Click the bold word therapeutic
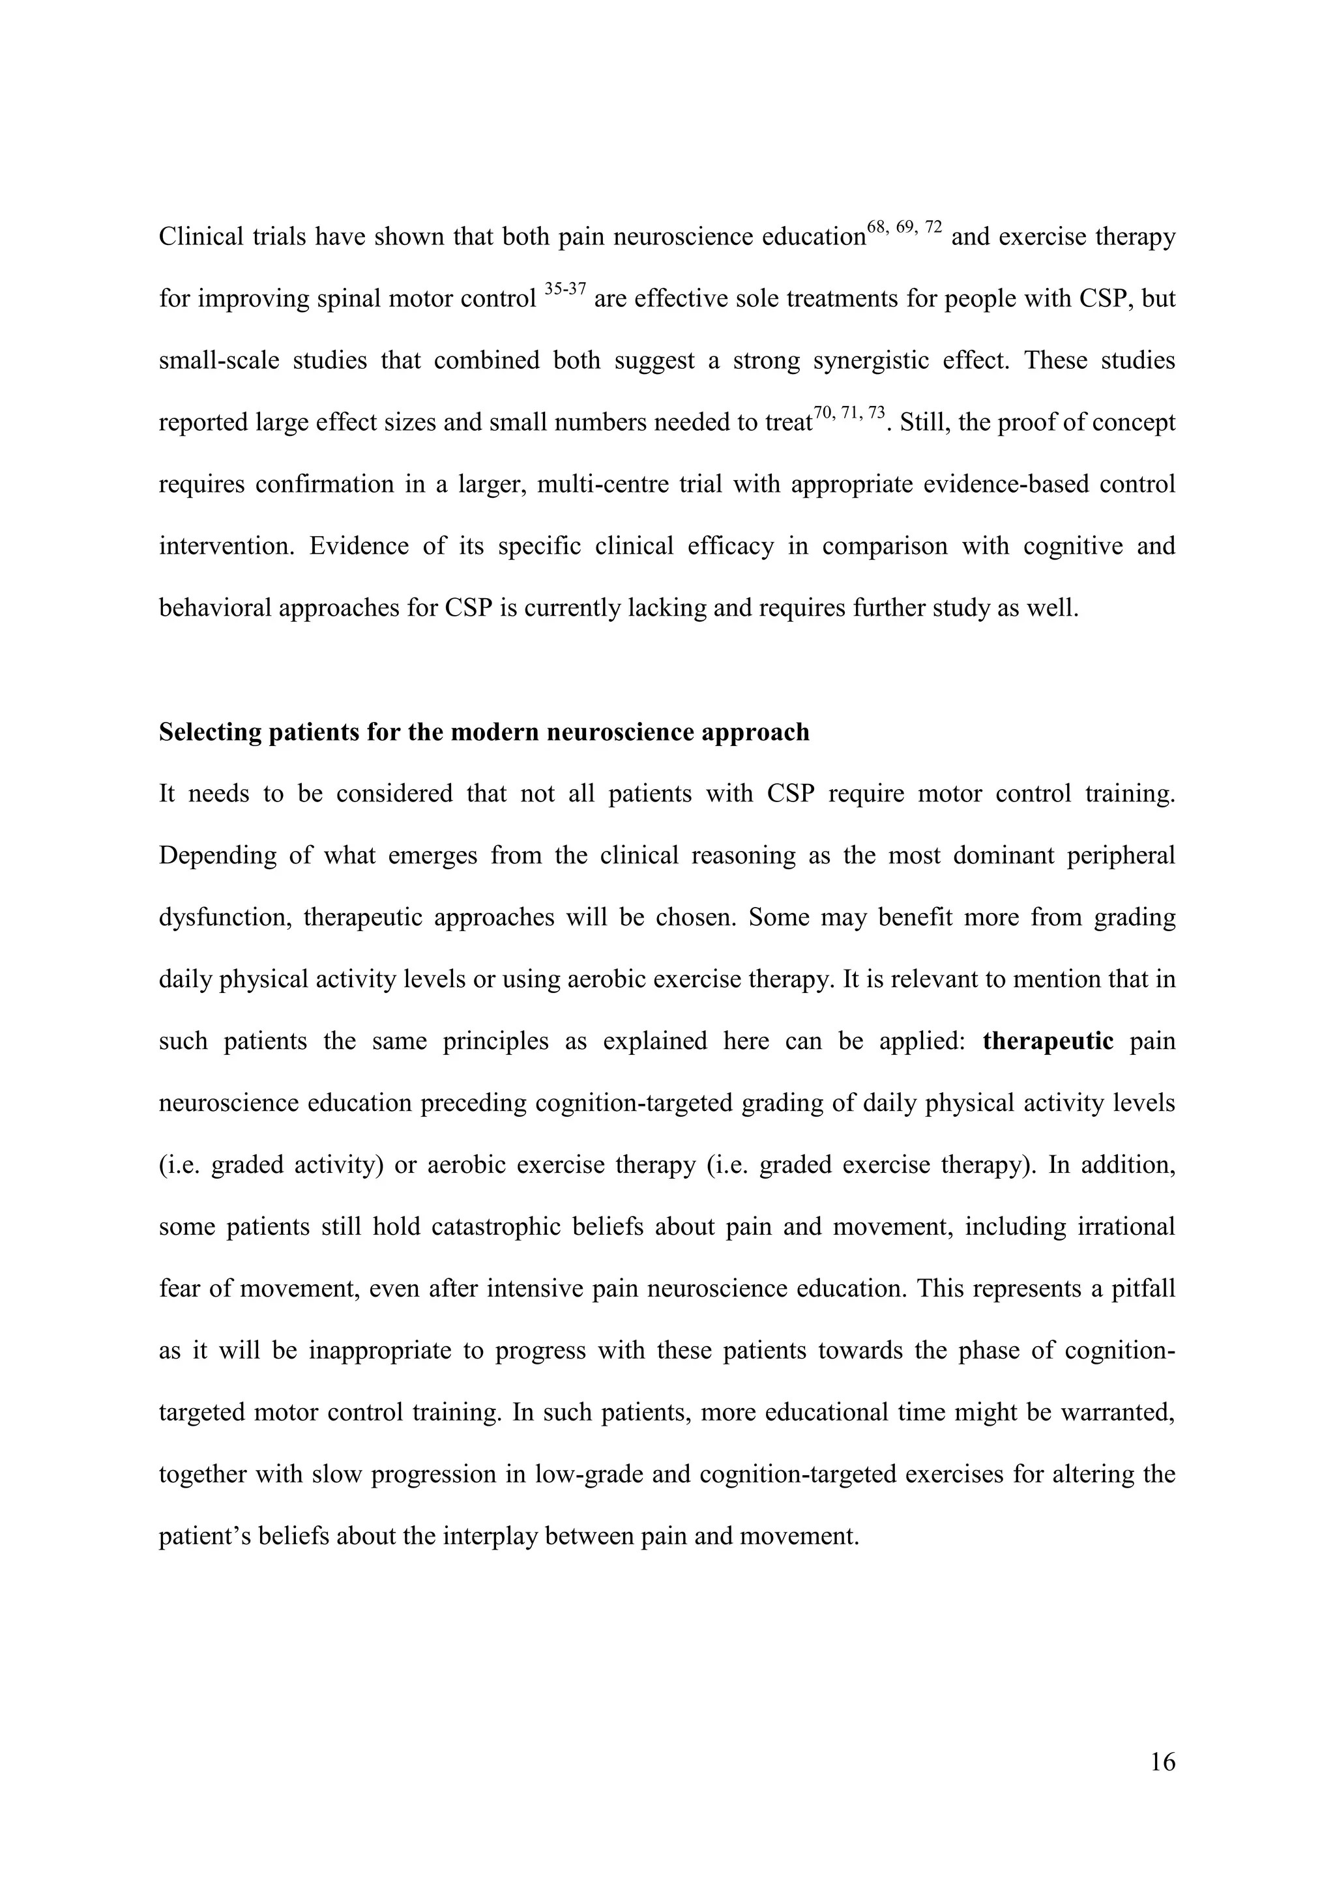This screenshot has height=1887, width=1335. pos(1048,1041)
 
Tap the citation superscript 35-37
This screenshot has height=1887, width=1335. pos(565,290)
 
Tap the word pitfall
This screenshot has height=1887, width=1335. pos(1143,1288)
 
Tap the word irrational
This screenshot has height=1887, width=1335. pos(1124,1227)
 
